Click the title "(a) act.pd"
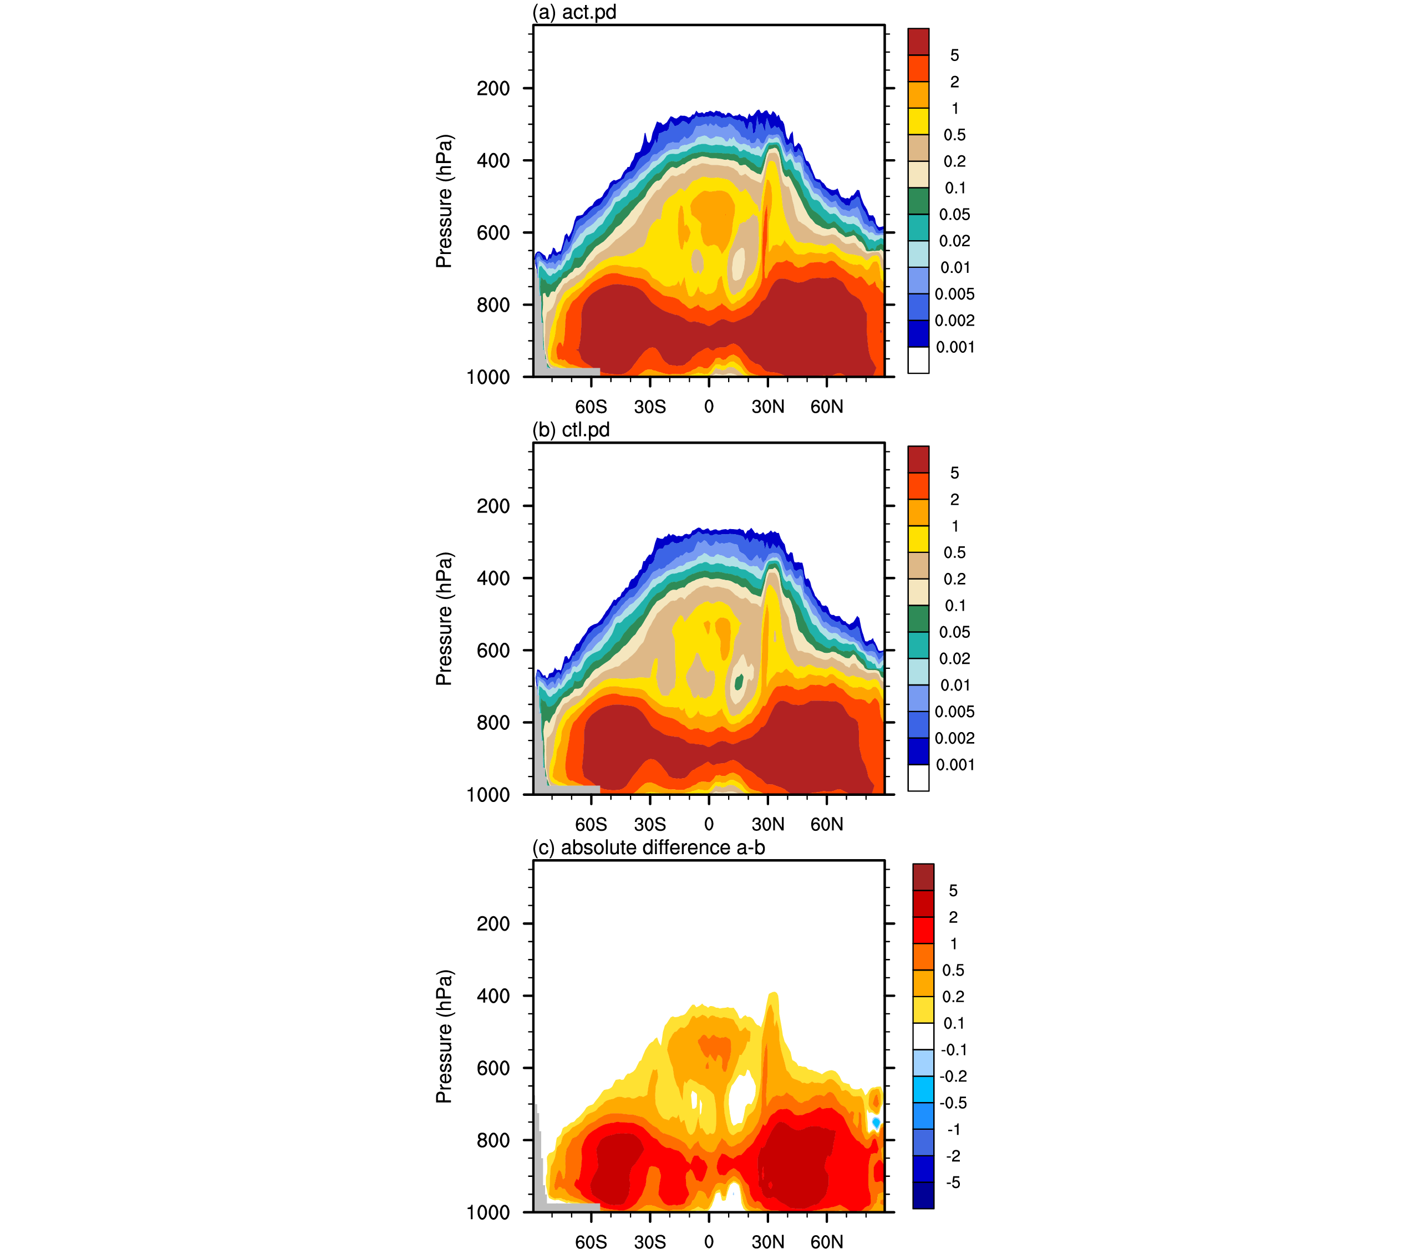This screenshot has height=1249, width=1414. (573, 12)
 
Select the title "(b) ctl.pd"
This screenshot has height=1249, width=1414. (571, 430)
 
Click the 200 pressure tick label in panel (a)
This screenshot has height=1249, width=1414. (494, 89)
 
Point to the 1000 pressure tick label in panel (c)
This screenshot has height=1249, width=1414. (489, 1212)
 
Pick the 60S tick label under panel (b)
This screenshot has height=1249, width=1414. (591, 824)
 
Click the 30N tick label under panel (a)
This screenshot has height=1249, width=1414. (768, 407)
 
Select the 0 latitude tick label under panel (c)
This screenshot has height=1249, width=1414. (709, 1242)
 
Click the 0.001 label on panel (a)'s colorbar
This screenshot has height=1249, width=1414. (955, 347)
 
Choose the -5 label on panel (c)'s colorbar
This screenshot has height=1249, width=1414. (953, 1182)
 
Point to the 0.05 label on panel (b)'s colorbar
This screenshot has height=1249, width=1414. (955, 632)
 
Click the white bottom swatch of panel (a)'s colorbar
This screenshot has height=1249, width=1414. (918, 361)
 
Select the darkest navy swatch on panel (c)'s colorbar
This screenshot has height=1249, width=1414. (923, 1196)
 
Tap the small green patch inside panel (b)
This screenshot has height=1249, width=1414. (739, 682)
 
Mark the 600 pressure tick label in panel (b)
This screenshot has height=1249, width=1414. (494, 651)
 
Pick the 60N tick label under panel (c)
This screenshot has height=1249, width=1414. (827, 1242)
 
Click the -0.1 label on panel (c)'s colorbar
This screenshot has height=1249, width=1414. (953, 1050)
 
